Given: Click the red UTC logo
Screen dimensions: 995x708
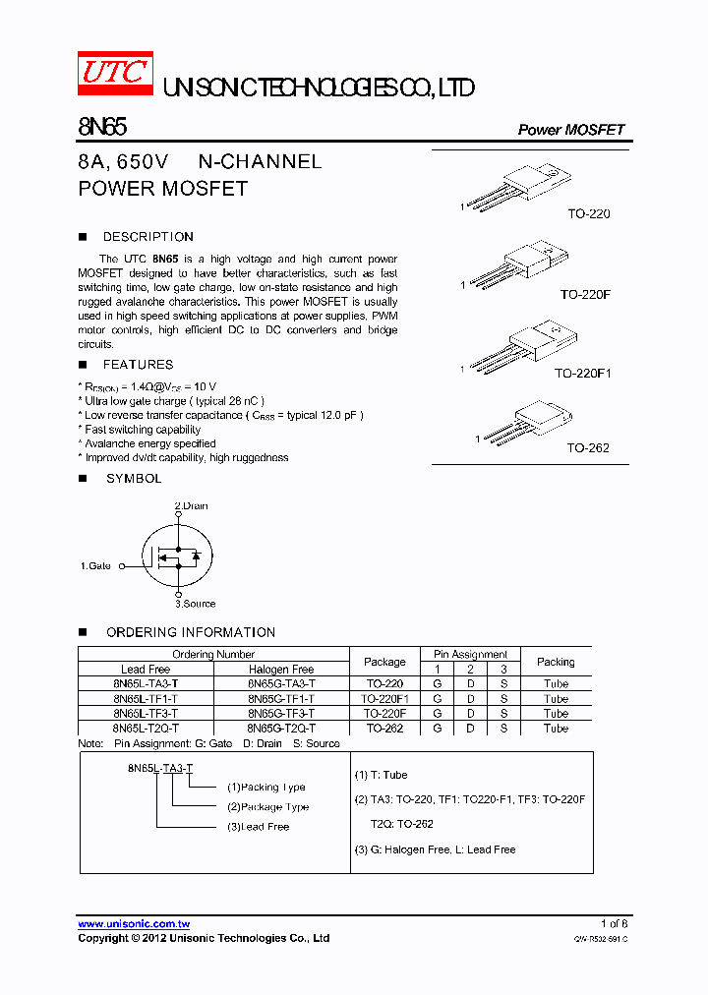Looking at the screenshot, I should (x=116, y=73).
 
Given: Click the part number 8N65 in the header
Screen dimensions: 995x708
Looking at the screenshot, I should (x=102, y=127).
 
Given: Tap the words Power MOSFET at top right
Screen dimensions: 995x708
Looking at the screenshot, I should (x=570, y=130).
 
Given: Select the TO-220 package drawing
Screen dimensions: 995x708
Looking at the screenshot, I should (x=517, y=187).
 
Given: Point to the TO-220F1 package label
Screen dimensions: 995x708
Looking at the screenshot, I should (x=582, y=374).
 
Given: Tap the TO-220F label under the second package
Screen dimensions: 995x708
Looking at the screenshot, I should (x=585, y=294).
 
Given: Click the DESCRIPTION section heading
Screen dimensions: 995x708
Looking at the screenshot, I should (x=147, y=237).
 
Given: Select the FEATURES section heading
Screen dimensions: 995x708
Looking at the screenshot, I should (x=138, y=365).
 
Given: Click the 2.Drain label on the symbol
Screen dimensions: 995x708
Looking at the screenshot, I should (x=192, y=505).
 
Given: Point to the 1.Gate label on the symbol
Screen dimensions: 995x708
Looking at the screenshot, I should (x=95, y=565).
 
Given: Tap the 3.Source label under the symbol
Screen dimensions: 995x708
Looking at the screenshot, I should (x=195, y=604).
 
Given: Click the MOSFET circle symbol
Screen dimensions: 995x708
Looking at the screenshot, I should (x=178, y=556).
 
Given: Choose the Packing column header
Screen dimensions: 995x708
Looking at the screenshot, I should (x=556, y=662).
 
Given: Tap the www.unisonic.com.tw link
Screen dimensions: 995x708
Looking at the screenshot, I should (x=134, y=924).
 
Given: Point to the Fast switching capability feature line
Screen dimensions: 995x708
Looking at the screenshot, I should (x=143, y=430).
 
